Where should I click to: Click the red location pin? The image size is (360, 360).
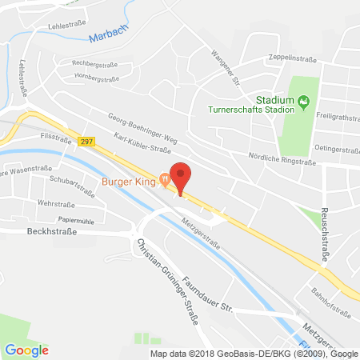pos(182,177)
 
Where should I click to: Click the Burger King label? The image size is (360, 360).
pos(129,180)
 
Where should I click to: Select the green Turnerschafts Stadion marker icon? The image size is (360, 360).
pos(303,101)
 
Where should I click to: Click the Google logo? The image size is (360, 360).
pos(26,349)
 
